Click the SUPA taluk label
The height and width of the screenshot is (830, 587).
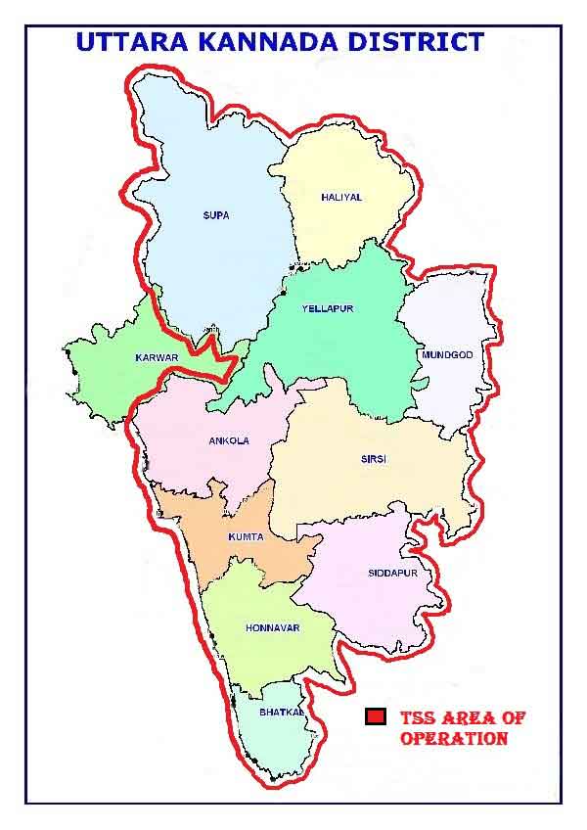pyautogui.click(x=215, y=215)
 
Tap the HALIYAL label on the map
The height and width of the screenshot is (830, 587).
pyautogui.click(x=341, y=197)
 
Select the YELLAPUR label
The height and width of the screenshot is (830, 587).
pyautogui.click(x=328, y=309)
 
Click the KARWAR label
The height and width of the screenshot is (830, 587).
pyautogui.click(x=157, y=358)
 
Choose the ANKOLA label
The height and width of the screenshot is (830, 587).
pyautogui.click(x=229, y=440)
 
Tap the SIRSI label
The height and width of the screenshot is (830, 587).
pyautogui.click(x=374, y=459)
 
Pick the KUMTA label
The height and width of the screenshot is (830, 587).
pyautogui.click(x=246, y=536)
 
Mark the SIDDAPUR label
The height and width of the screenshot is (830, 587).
pyautogui.click(x=391, y=573)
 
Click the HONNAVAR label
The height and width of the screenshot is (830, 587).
pyautogui.click(x=273, y=627)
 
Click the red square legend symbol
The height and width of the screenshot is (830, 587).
pyautogui.click(x=374, y=717)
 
